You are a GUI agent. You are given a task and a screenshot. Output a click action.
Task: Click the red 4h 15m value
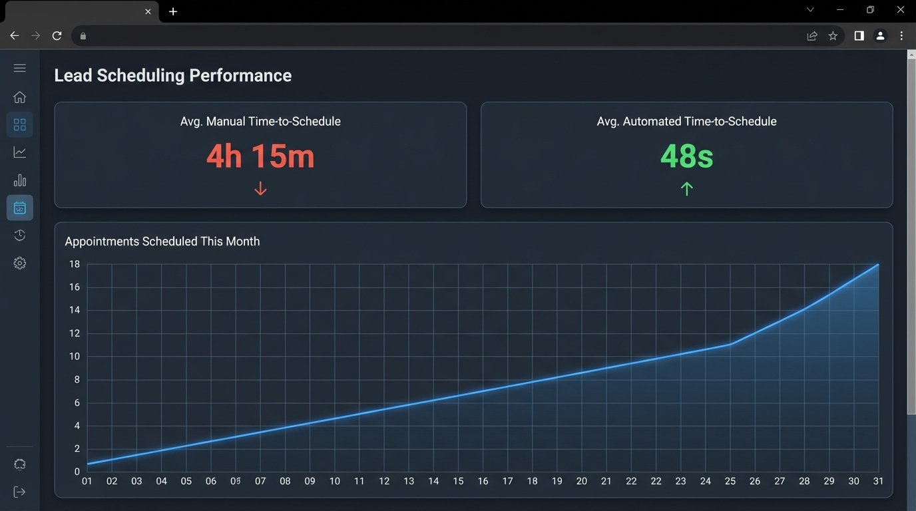260,157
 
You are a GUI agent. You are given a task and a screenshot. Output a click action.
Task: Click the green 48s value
686,157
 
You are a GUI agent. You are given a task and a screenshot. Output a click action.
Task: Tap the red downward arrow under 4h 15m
260,189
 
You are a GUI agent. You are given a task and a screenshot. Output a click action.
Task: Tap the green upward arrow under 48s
686,189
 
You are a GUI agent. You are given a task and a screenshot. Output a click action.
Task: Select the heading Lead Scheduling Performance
172,75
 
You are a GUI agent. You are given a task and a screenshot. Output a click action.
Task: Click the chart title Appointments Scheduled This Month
162,242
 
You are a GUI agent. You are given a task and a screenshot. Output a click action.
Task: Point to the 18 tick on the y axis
74,264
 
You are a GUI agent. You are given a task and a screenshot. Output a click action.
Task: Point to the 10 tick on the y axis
74,357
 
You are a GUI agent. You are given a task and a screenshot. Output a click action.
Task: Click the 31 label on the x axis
878,481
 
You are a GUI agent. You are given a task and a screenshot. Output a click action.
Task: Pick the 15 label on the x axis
458,481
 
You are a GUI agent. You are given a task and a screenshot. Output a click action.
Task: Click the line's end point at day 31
878,265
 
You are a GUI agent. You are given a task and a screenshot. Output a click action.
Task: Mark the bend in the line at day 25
731,344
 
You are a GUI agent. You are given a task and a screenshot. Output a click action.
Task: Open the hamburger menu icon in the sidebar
20,68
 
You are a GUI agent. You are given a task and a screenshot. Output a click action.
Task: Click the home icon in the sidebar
20,97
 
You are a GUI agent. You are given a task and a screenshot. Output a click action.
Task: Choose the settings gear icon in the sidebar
20,263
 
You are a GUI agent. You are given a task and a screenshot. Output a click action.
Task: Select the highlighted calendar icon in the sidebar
20,208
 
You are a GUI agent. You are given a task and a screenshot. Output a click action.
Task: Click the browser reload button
57,36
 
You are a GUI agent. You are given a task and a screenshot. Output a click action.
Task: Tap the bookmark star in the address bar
833,36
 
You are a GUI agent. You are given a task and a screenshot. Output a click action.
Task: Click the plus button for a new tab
173,11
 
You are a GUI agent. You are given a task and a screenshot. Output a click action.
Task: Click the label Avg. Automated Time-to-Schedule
686,122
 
